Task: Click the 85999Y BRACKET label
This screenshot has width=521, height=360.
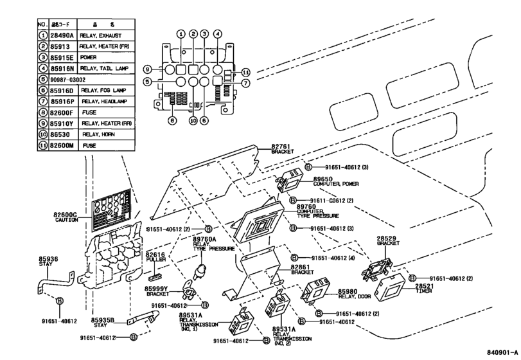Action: [157, 290]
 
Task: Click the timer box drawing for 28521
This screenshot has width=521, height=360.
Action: [391, 288]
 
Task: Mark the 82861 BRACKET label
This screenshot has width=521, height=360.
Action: [302, 269]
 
